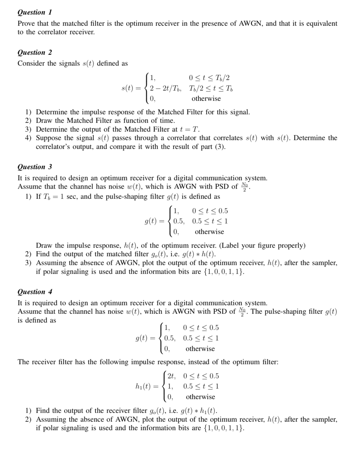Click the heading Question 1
(35, 12)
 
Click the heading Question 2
(35, 53)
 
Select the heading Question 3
(35, 167)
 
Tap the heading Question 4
(35, 292)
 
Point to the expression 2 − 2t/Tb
(165, 88)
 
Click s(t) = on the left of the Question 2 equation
(131, 88)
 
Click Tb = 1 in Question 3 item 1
(50, 197)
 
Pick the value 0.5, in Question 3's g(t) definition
(179, 221)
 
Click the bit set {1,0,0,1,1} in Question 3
(224, 272)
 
